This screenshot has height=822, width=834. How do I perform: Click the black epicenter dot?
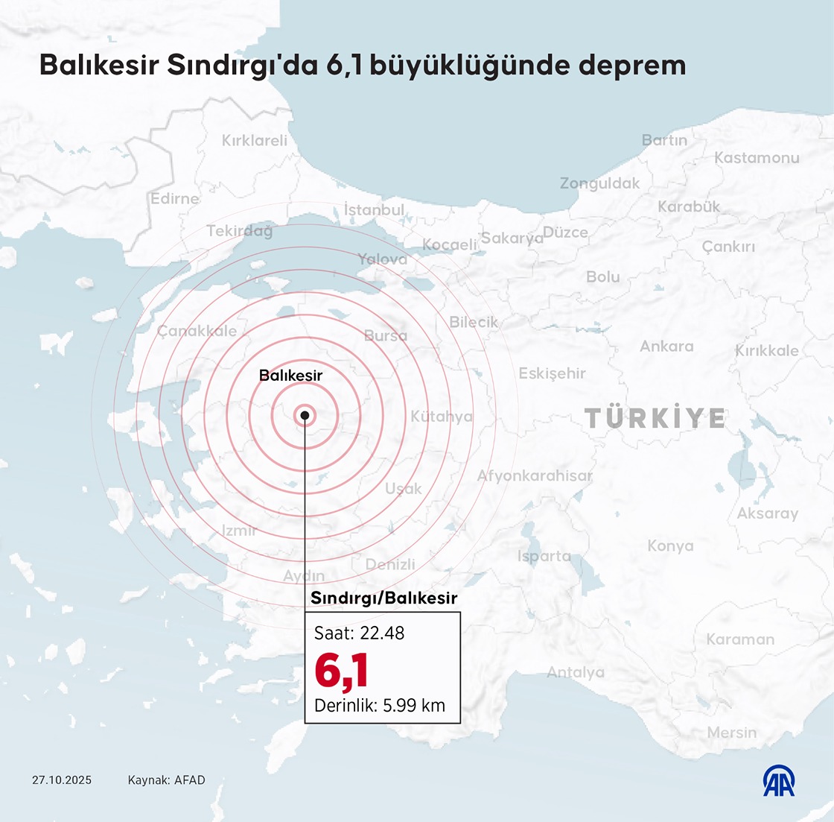click(305, 415)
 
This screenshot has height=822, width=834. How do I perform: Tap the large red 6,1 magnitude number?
click(342, 670)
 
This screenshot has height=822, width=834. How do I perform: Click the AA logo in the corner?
click(779, 780)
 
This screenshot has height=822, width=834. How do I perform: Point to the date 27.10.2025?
click(62, 780)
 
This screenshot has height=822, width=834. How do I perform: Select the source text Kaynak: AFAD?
click(166, 780)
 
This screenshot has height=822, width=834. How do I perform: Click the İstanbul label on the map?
click(374, 210)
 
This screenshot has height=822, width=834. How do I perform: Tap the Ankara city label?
click(666, 347)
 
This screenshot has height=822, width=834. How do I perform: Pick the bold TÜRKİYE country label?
click(655, 418)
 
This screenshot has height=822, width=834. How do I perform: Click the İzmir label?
click(240, 531)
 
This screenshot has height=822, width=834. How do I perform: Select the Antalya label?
click(576, 672)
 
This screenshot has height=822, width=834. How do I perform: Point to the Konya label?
click(670, 546)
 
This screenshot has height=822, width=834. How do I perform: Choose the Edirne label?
click(175, 199)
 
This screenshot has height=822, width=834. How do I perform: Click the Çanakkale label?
click(197, 331)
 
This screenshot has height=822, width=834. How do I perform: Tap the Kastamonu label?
click(757, 158)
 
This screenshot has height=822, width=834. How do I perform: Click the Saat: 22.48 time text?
click(360, 633)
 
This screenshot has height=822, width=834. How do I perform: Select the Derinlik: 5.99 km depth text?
click(380, 705)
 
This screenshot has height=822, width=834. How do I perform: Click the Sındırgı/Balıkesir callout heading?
click(383, 598)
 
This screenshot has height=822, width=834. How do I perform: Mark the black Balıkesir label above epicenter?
click(290, 376)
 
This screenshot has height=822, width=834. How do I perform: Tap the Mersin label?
click(731, 733)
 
